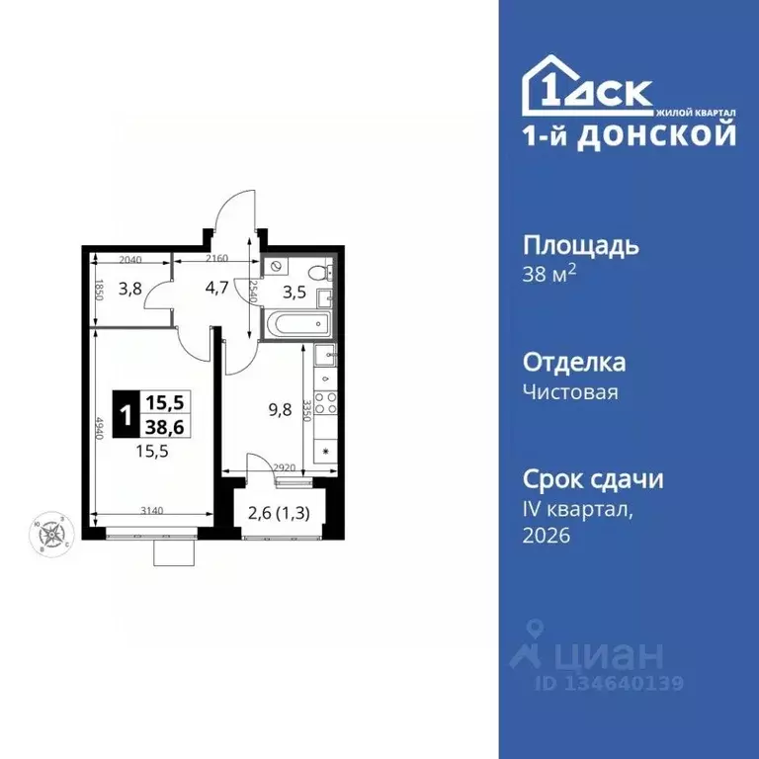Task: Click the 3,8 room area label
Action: pyautogui.click(x=130, y=290)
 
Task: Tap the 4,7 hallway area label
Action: pyautogui.click(x=216, y=290)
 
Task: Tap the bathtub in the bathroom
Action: pyautogui.click(x=297, y=323)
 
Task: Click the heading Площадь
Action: pyautogui.click(x=579, y=245)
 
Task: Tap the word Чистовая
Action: pyautogui.click(x=569, y=392)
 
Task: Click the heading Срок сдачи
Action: pyautogui.click(x=592, y=479)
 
